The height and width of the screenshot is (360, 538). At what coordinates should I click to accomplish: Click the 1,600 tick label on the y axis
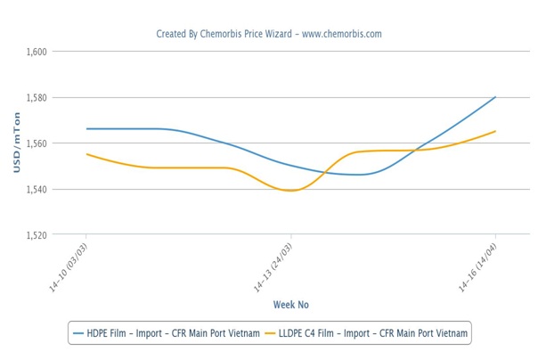pyautogui.click(x=37, y=52)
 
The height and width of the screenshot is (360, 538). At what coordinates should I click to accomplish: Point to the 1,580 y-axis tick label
pyautogui.click(x=37, y=97)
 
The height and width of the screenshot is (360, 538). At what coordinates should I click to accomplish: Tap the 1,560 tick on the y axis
pyautogui.click(x=37, y=143)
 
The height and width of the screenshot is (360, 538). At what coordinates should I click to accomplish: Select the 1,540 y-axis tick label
pyautogui.click(x=37, y=190)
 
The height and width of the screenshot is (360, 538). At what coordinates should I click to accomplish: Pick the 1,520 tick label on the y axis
pyautogui.click(x=37, y=235)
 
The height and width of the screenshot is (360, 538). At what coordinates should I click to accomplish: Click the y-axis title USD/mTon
pyautogui.click(x=15, y=143)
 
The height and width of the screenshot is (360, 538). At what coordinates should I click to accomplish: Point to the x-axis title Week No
pyautogui.click(x=291, y=305)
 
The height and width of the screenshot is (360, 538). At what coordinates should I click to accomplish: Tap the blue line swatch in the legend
pyautogui.click(x=78, y=333)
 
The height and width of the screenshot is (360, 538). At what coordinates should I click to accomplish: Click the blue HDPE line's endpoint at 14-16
pyautogui.click(x=495, y=97)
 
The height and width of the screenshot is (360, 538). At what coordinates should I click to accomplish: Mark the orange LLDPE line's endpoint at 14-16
pyautogui.click(x=495, y=131)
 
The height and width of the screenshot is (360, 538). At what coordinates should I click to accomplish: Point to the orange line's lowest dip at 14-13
pyautogui.click(x=291, y=191)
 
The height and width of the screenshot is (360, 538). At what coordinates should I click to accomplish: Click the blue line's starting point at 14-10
pyautogui.click(x=86, y=129)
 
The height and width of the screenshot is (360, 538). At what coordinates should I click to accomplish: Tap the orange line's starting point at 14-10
pyautogui.click(x=86, y=154)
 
